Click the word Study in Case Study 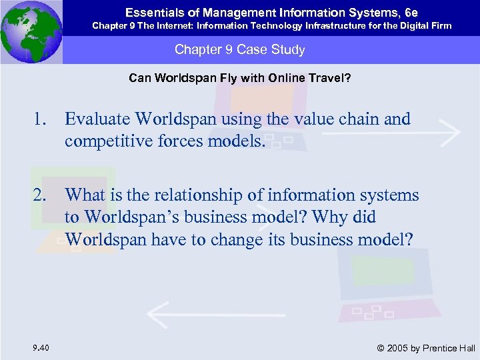289,50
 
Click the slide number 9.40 39,347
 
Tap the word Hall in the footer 465,347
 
